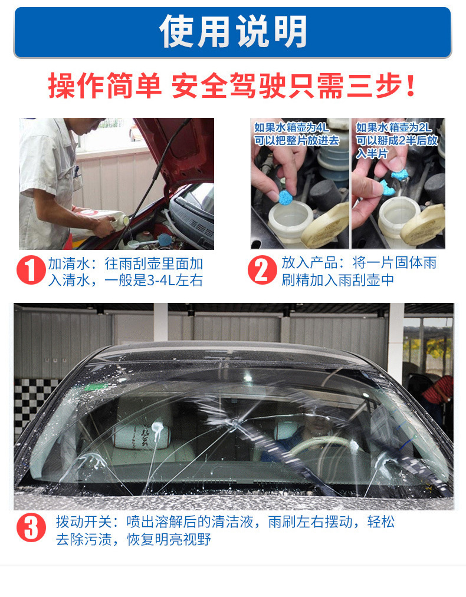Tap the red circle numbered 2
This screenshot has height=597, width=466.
[262, 271]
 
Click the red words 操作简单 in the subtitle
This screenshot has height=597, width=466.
[104, 86]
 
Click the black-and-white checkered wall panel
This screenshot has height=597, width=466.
[32, 401]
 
